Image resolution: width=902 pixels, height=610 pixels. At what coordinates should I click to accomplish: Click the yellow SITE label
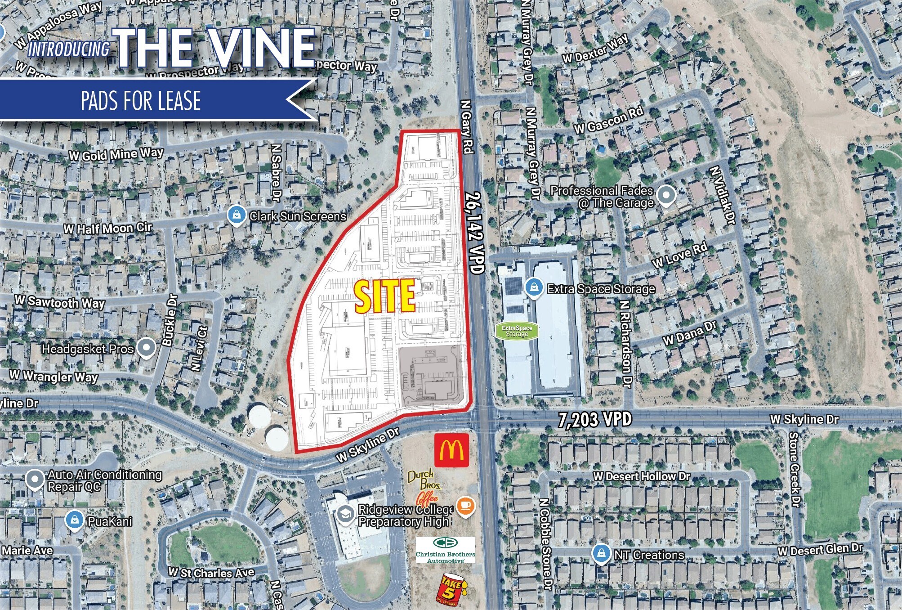point(385,296)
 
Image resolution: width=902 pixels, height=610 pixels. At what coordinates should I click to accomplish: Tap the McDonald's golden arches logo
point(451,450)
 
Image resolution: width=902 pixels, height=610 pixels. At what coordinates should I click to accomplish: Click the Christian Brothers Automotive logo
point(445,550)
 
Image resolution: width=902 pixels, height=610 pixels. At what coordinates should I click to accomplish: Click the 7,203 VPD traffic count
point(595,419)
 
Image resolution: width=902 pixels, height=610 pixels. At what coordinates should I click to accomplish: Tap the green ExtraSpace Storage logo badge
point(517,331)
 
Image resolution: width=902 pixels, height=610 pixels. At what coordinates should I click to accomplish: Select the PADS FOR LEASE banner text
point(140,100)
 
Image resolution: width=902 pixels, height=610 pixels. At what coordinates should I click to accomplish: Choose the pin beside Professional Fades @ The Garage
point(666,196)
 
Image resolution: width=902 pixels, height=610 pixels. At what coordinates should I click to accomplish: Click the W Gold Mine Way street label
point(116,154)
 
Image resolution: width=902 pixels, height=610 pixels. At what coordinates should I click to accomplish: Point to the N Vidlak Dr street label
point(722,195)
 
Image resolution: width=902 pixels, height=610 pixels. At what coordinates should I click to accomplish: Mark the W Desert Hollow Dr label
point(641,476)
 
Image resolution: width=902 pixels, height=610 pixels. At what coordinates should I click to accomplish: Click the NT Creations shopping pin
point(600,554)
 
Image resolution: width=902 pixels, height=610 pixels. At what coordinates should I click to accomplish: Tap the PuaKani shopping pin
point(74,520)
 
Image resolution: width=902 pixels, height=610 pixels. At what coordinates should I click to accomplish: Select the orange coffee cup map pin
point(465,506)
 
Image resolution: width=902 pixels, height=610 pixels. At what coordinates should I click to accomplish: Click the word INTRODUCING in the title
point(69,49)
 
